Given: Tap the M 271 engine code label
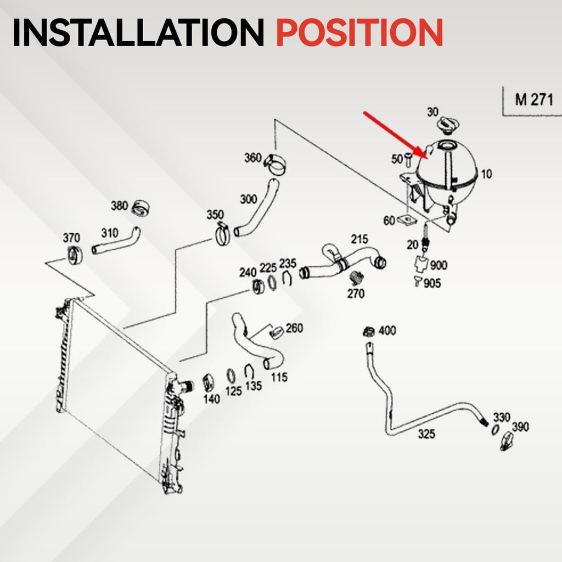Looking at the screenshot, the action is click(534, 100).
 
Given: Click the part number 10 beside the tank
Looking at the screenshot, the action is click(486, 174).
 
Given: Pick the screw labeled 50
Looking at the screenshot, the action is click(408, 160).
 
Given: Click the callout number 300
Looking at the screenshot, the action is click(249, 199).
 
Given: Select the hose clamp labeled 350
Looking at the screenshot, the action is click(223, 234).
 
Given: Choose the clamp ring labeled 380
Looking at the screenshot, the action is click(141, 208).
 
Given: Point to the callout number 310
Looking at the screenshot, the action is click(109, 233).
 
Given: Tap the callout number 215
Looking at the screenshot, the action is click(359, 239).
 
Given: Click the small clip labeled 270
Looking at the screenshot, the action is click(356, 277).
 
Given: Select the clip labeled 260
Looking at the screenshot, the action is click(277, 332).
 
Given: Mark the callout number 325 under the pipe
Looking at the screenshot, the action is click(426, 434).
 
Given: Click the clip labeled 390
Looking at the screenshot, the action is click(507, 441).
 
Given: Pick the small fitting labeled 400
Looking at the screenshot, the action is click(368, 332).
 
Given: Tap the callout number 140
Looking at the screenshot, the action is click(211, 399).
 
